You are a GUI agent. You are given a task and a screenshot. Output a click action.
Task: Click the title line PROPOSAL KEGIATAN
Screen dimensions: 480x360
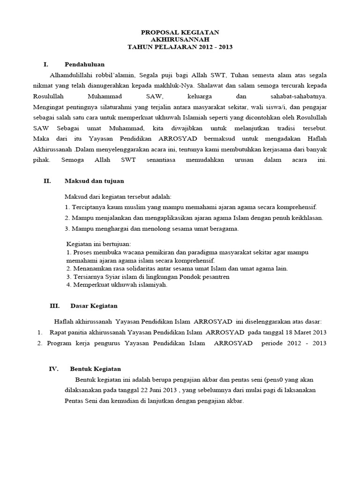click(180, 32)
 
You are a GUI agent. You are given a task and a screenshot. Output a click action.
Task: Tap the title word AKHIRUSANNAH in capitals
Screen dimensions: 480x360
click(180, 39)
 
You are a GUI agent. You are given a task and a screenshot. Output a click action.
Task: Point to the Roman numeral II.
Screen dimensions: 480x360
click(47, 180)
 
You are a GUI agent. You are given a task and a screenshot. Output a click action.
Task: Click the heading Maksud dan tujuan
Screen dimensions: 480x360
click(94, 180)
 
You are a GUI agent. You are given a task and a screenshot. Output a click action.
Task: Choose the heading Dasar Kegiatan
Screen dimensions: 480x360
click(94, 306)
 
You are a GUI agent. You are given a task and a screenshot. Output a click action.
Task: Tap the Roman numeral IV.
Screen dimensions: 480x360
click(54, 369)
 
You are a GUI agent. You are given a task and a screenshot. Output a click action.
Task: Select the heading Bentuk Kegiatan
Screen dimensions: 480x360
click(96, 369)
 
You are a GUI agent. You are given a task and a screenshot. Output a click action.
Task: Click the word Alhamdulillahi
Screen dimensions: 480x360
click(70, 75)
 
